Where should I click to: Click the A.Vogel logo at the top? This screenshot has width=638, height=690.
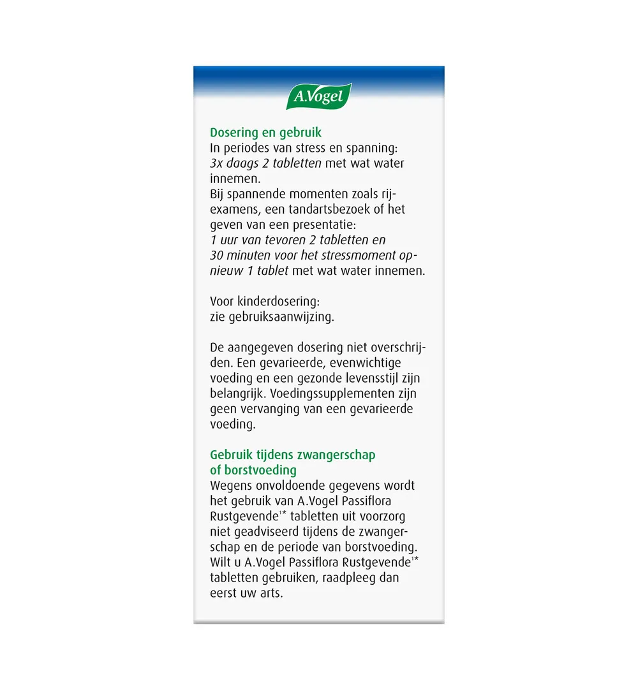(x=318, y=97)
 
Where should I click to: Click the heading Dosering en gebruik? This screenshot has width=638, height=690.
(x=265, y=133)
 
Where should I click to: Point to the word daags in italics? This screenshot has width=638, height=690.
(x=244, y=163)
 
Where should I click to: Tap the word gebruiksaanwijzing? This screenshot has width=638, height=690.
(x=281, y=316)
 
